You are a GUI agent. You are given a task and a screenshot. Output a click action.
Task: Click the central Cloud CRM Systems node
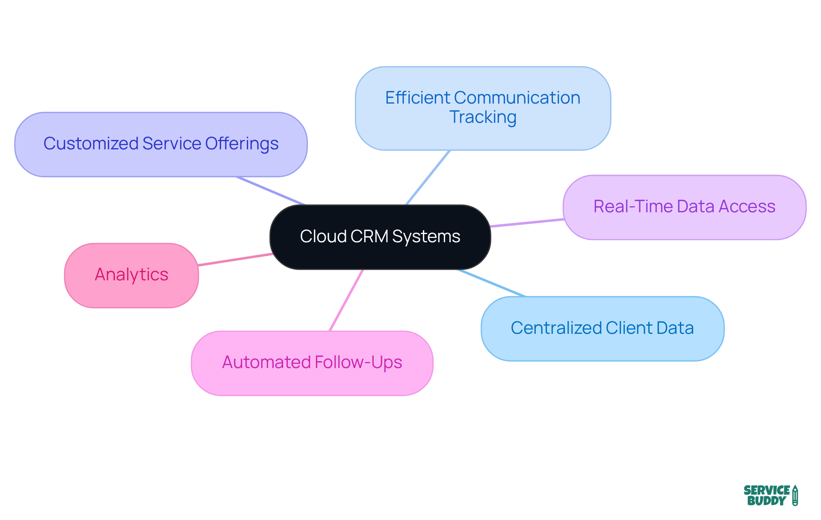coord(380,237)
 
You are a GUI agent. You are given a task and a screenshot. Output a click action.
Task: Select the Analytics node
coord(131,275)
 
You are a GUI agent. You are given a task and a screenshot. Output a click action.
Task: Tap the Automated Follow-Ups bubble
coord(312,363)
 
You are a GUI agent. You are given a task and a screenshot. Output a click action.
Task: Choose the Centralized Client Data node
coord(602,328)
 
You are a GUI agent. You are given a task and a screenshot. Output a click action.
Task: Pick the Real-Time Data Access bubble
coord(684,207)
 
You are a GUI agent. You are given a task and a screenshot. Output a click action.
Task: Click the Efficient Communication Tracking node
coord(483,108)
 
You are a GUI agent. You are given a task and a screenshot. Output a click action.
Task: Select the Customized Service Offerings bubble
coord(161,144)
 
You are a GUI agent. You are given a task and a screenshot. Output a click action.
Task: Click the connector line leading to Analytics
coord(235,259)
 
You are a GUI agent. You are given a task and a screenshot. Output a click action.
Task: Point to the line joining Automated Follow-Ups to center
coord(346,300)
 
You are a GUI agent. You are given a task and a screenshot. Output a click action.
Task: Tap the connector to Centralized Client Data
coord(492,283)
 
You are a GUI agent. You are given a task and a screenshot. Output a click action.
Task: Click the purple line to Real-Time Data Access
coord(527,223)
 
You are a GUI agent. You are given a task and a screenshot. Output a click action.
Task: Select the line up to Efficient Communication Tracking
coord(428,178)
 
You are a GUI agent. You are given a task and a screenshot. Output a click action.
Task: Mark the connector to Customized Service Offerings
coord(270,190)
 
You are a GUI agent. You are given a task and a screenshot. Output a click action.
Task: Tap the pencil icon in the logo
coord(795,495)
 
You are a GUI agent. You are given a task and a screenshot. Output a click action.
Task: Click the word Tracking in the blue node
coord(483,117)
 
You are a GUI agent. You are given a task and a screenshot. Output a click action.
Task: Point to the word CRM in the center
coord(369,237)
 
